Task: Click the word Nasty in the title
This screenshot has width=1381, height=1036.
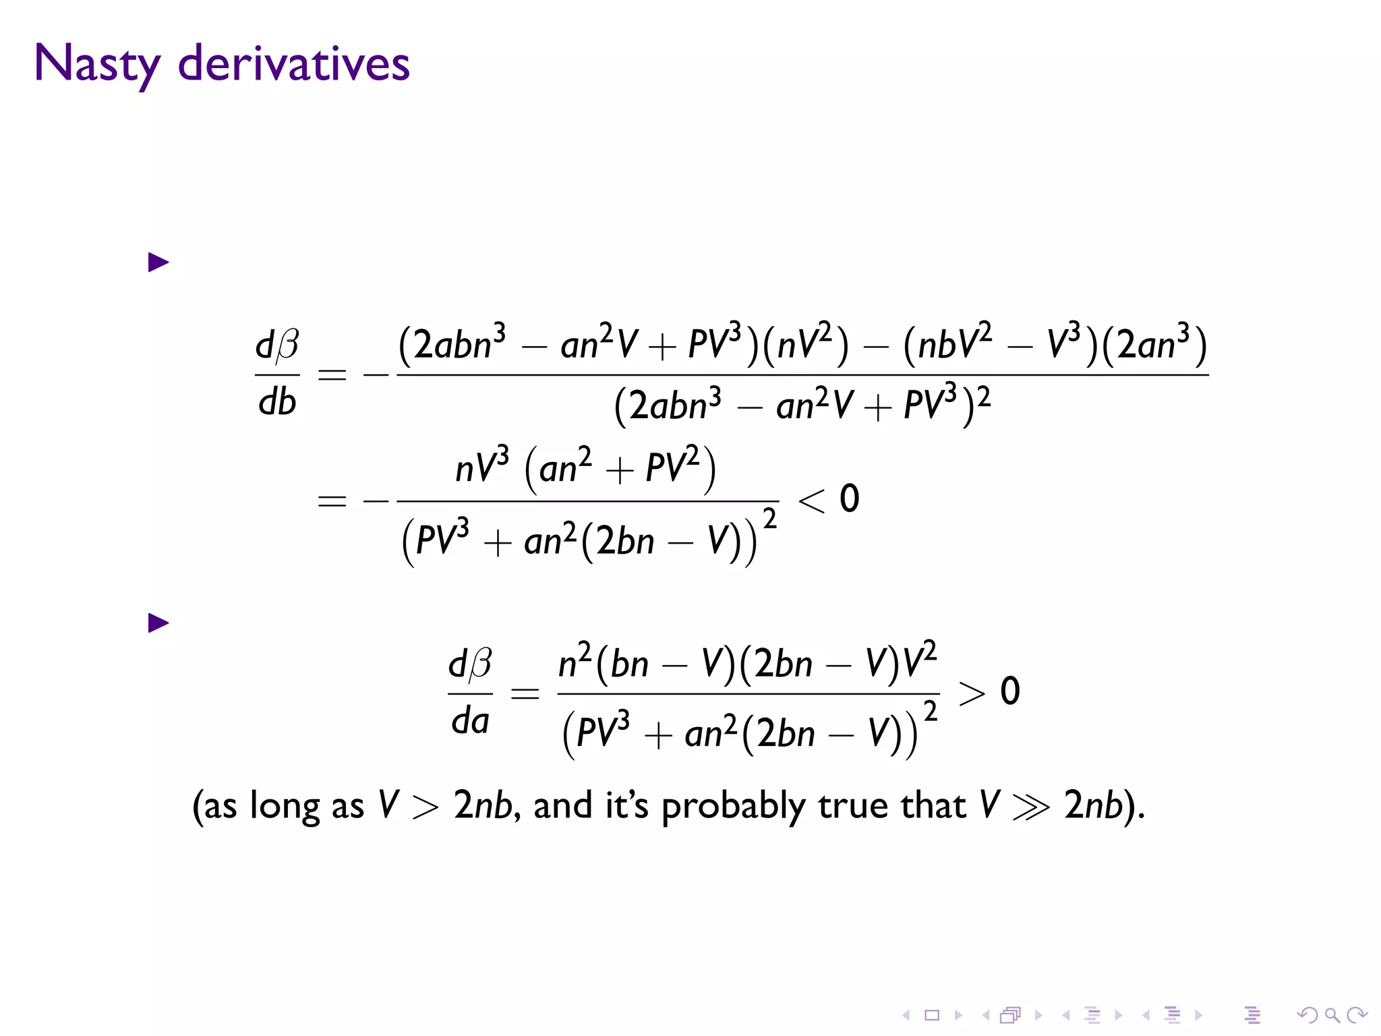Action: click(96, 64)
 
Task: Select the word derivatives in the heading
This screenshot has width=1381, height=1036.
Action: click(293, 64)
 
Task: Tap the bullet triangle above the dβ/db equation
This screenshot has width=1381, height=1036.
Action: click(158, 262)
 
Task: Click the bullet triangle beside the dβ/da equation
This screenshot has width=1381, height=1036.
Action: click(158, 623)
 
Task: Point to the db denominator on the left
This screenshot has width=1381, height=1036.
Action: click(277, 403)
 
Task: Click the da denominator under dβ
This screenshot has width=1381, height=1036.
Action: click(470, 721)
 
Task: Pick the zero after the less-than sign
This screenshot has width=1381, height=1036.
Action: click(849, 499)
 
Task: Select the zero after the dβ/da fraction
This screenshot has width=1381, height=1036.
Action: click(1009, 691)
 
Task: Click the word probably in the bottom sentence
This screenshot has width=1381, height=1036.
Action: click(734, 807)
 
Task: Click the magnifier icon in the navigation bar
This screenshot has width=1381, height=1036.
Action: click(1332, 1015)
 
